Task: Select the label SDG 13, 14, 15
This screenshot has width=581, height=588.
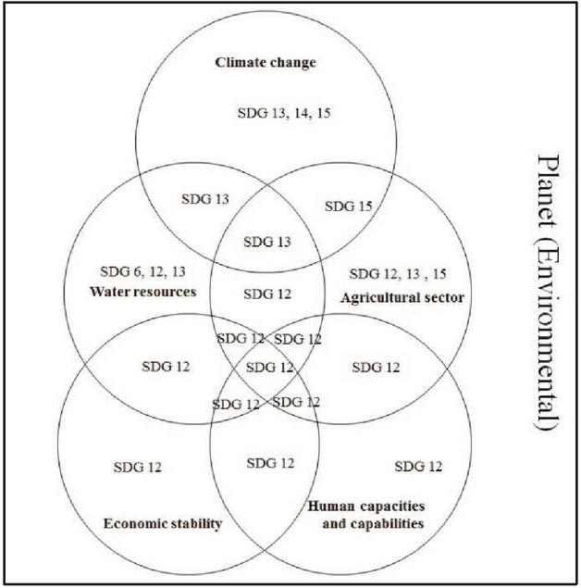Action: [x=284, y=113]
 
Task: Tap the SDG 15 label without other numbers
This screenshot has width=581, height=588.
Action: [x=349, y=206]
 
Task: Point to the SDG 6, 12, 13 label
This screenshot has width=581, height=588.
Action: [x=142, y=271]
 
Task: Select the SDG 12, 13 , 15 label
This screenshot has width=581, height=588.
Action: [x=398, y=274]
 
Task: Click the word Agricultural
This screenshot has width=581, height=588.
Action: [x=380, y=298]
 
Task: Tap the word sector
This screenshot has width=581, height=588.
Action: [x=444, y=298]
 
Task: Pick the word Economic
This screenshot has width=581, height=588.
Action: [x=131, y=523]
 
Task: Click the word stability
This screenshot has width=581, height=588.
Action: [x=192, y=523]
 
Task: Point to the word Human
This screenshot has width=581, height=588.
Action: [x=331, y=507]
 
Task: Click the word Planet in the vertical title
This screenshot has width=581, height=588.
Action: [x=549, y=192]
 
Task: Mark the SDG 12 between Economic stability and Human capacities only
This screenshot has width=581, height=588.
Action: [x=270, y=463]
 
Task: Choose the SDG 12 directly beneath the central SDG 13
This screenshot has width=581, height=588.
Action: [x=267, y=294]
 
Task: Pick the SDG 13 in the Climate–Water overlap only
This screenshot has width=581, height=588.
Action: [x=205, y=199]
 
